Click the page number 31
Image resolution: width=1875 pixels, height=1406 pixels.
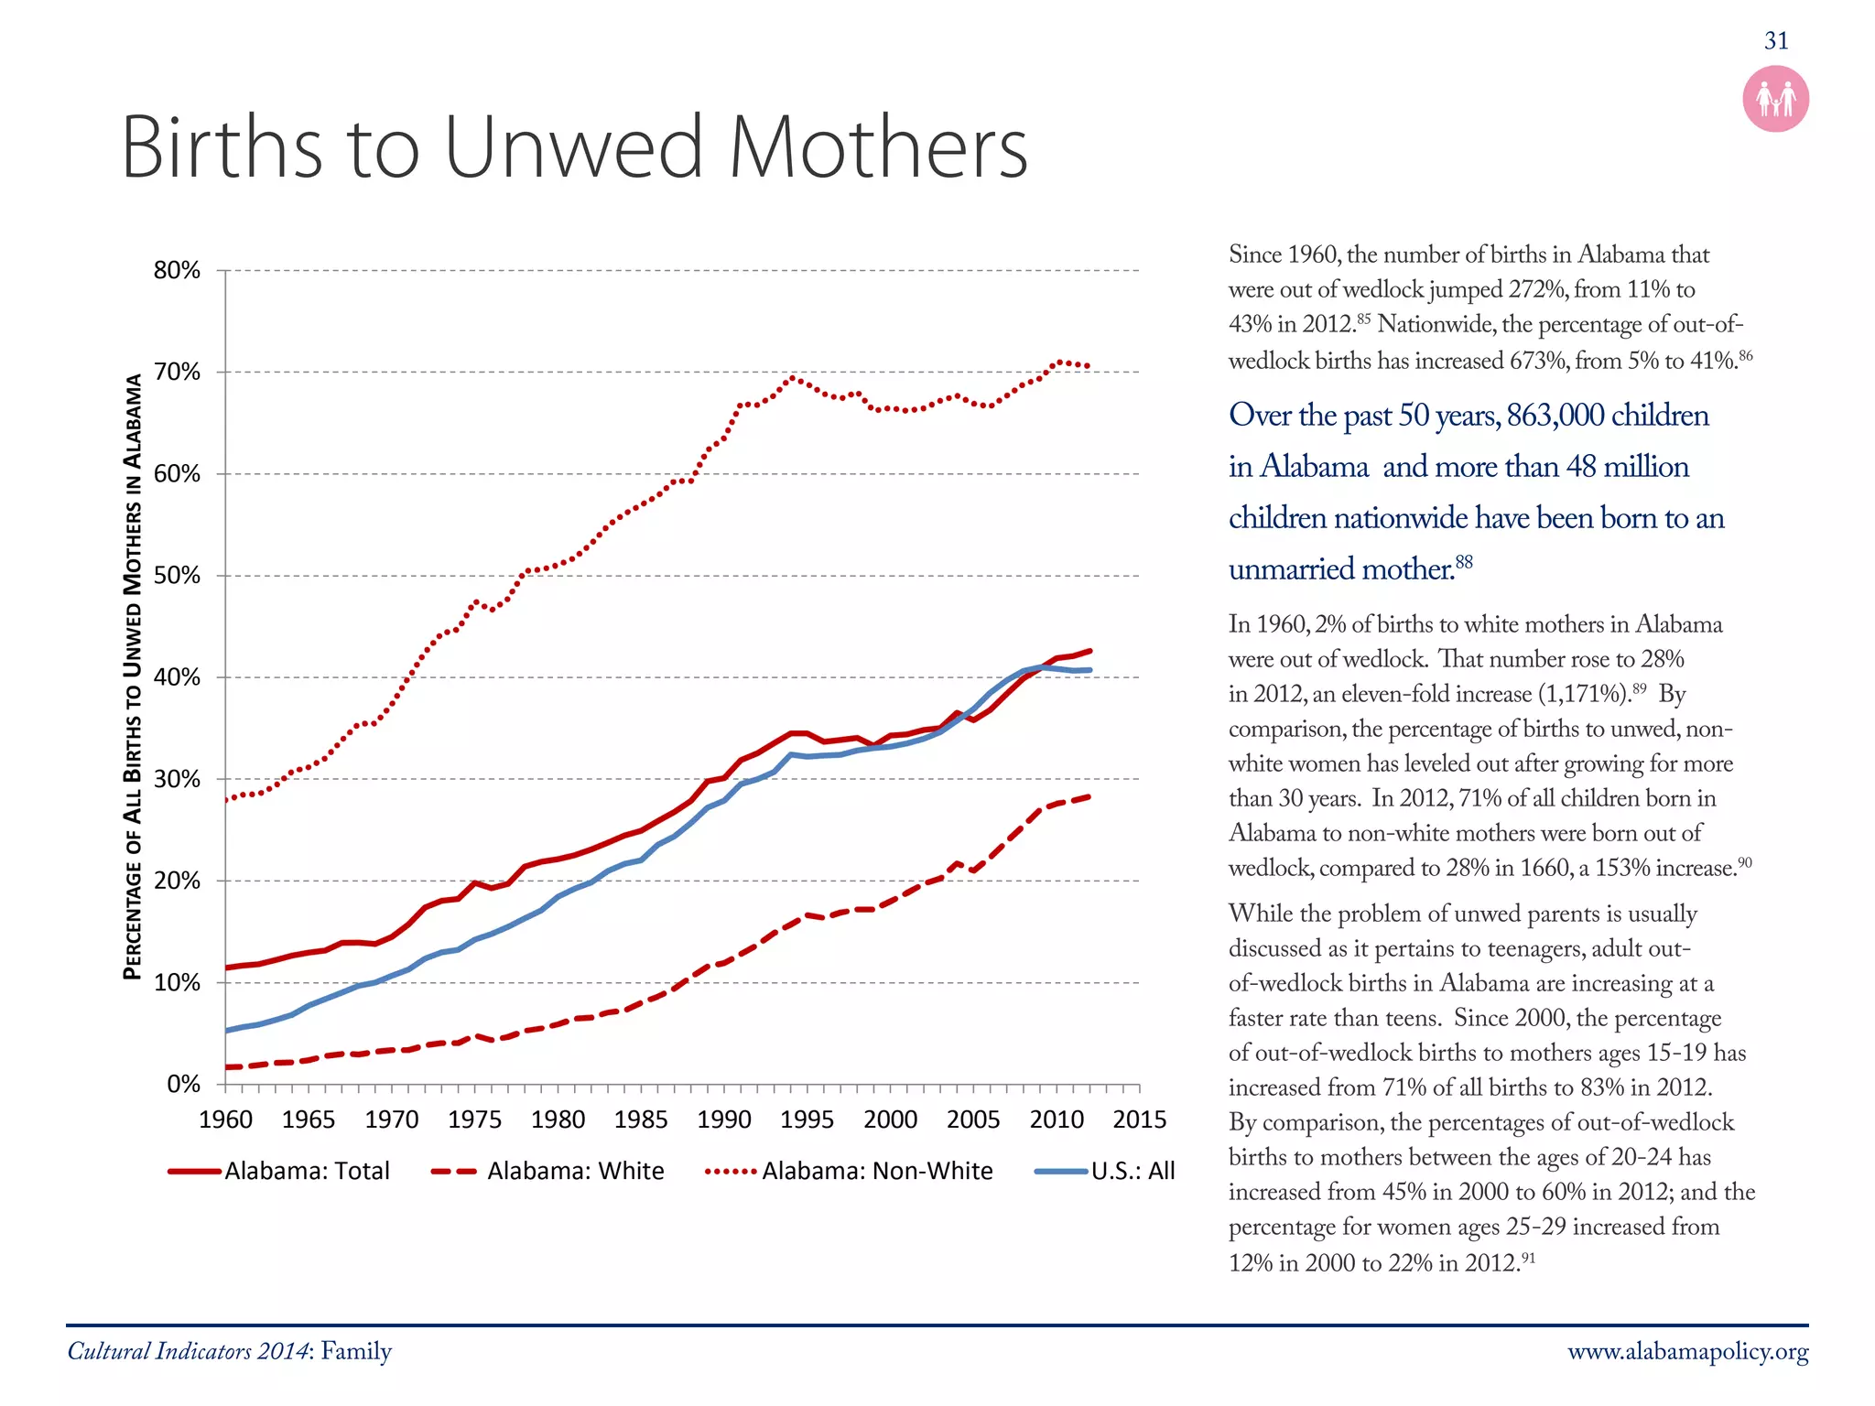point(1775,40)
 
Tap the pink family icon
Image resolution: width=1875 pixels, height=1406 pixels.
point(1775,99)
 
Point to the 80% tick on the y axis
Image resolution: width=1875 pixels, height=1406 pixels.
point(177,270)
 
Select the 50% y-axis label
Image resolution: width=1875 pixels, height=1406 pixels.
point(177,576)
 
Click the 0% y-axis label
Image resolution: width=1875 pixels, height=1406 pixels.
point(183,1085)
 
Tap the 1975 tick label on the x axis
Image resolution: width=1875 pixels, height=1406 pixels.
point(474,1119)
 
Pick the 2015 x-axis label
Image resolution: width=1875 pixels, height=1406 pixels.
point(1139,1119)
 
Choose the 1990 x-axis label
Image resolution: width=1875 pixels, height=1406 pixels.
point(723,1119)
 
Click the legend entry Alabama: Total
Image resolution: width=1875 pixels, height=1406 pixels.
point(307,1171)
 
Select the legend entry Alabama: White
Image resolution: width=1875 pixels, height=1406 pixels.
point(575,1171)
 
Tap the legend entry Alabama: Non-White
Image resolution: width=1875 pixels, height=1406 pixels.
point(876,1171)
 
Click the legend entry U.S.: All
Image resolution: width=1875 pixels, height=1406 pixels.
point(1133,1171)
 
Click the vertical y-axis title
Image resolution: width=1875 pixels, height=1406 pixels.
point(134,677)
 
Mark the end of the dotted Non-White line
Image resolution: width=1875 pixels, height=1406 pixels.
point(1088,366)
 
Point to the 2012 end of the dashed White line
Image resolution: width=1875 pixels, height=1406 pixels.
point(1089,796)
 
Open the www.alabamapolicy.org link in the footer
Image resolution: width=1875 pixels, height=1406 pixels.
point(1687,1352)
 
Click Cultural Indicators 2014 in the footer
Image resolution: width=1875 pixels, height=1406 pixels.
point(188,1352)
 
